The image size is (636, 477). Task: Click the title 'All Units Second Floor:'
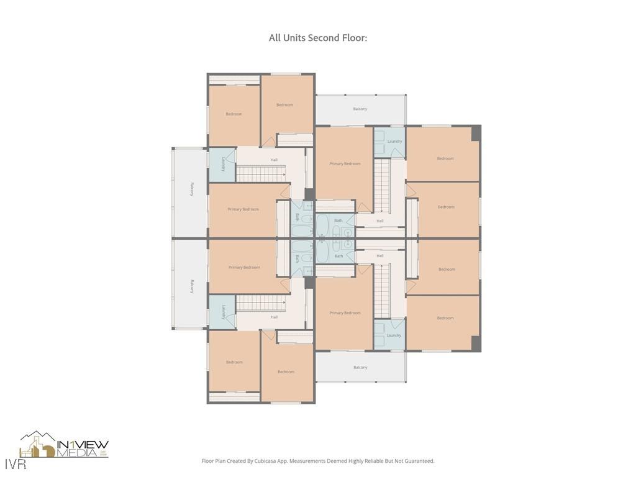click(317, 38)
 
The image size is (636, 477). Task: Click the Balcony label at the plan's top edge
click(360, 109)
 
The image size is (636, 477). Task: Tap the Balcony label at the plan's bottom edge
click(360, 367)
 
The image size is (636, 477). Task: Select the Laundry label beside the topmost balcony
click(394, 141)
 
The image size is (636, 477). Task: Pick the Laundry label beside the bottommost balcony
click(394, 335)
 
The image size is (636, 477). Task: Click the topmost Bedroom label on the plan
click(284, 105)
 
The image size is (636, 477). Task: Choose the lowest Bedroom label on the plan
click(286, 371)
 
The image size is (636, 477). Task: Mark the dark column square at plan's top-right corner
click(476, 133)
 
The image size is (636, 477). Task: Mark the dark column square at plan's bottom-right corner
click(476, 343)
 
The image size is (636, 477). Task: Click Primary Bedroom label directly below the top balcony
click(345, 163)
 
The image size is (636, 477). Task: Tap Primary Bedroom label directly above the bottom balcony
click(345, 313)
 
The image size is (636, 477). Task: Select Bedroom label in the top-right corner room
click(445, 158)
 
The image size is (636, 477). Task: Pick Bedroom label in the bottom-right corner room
click(445, 318)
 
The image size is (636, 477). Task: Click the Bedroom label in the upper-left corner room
click(234, 114)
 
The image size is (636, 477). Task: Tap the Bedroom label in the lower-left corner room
click(234, 362)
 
